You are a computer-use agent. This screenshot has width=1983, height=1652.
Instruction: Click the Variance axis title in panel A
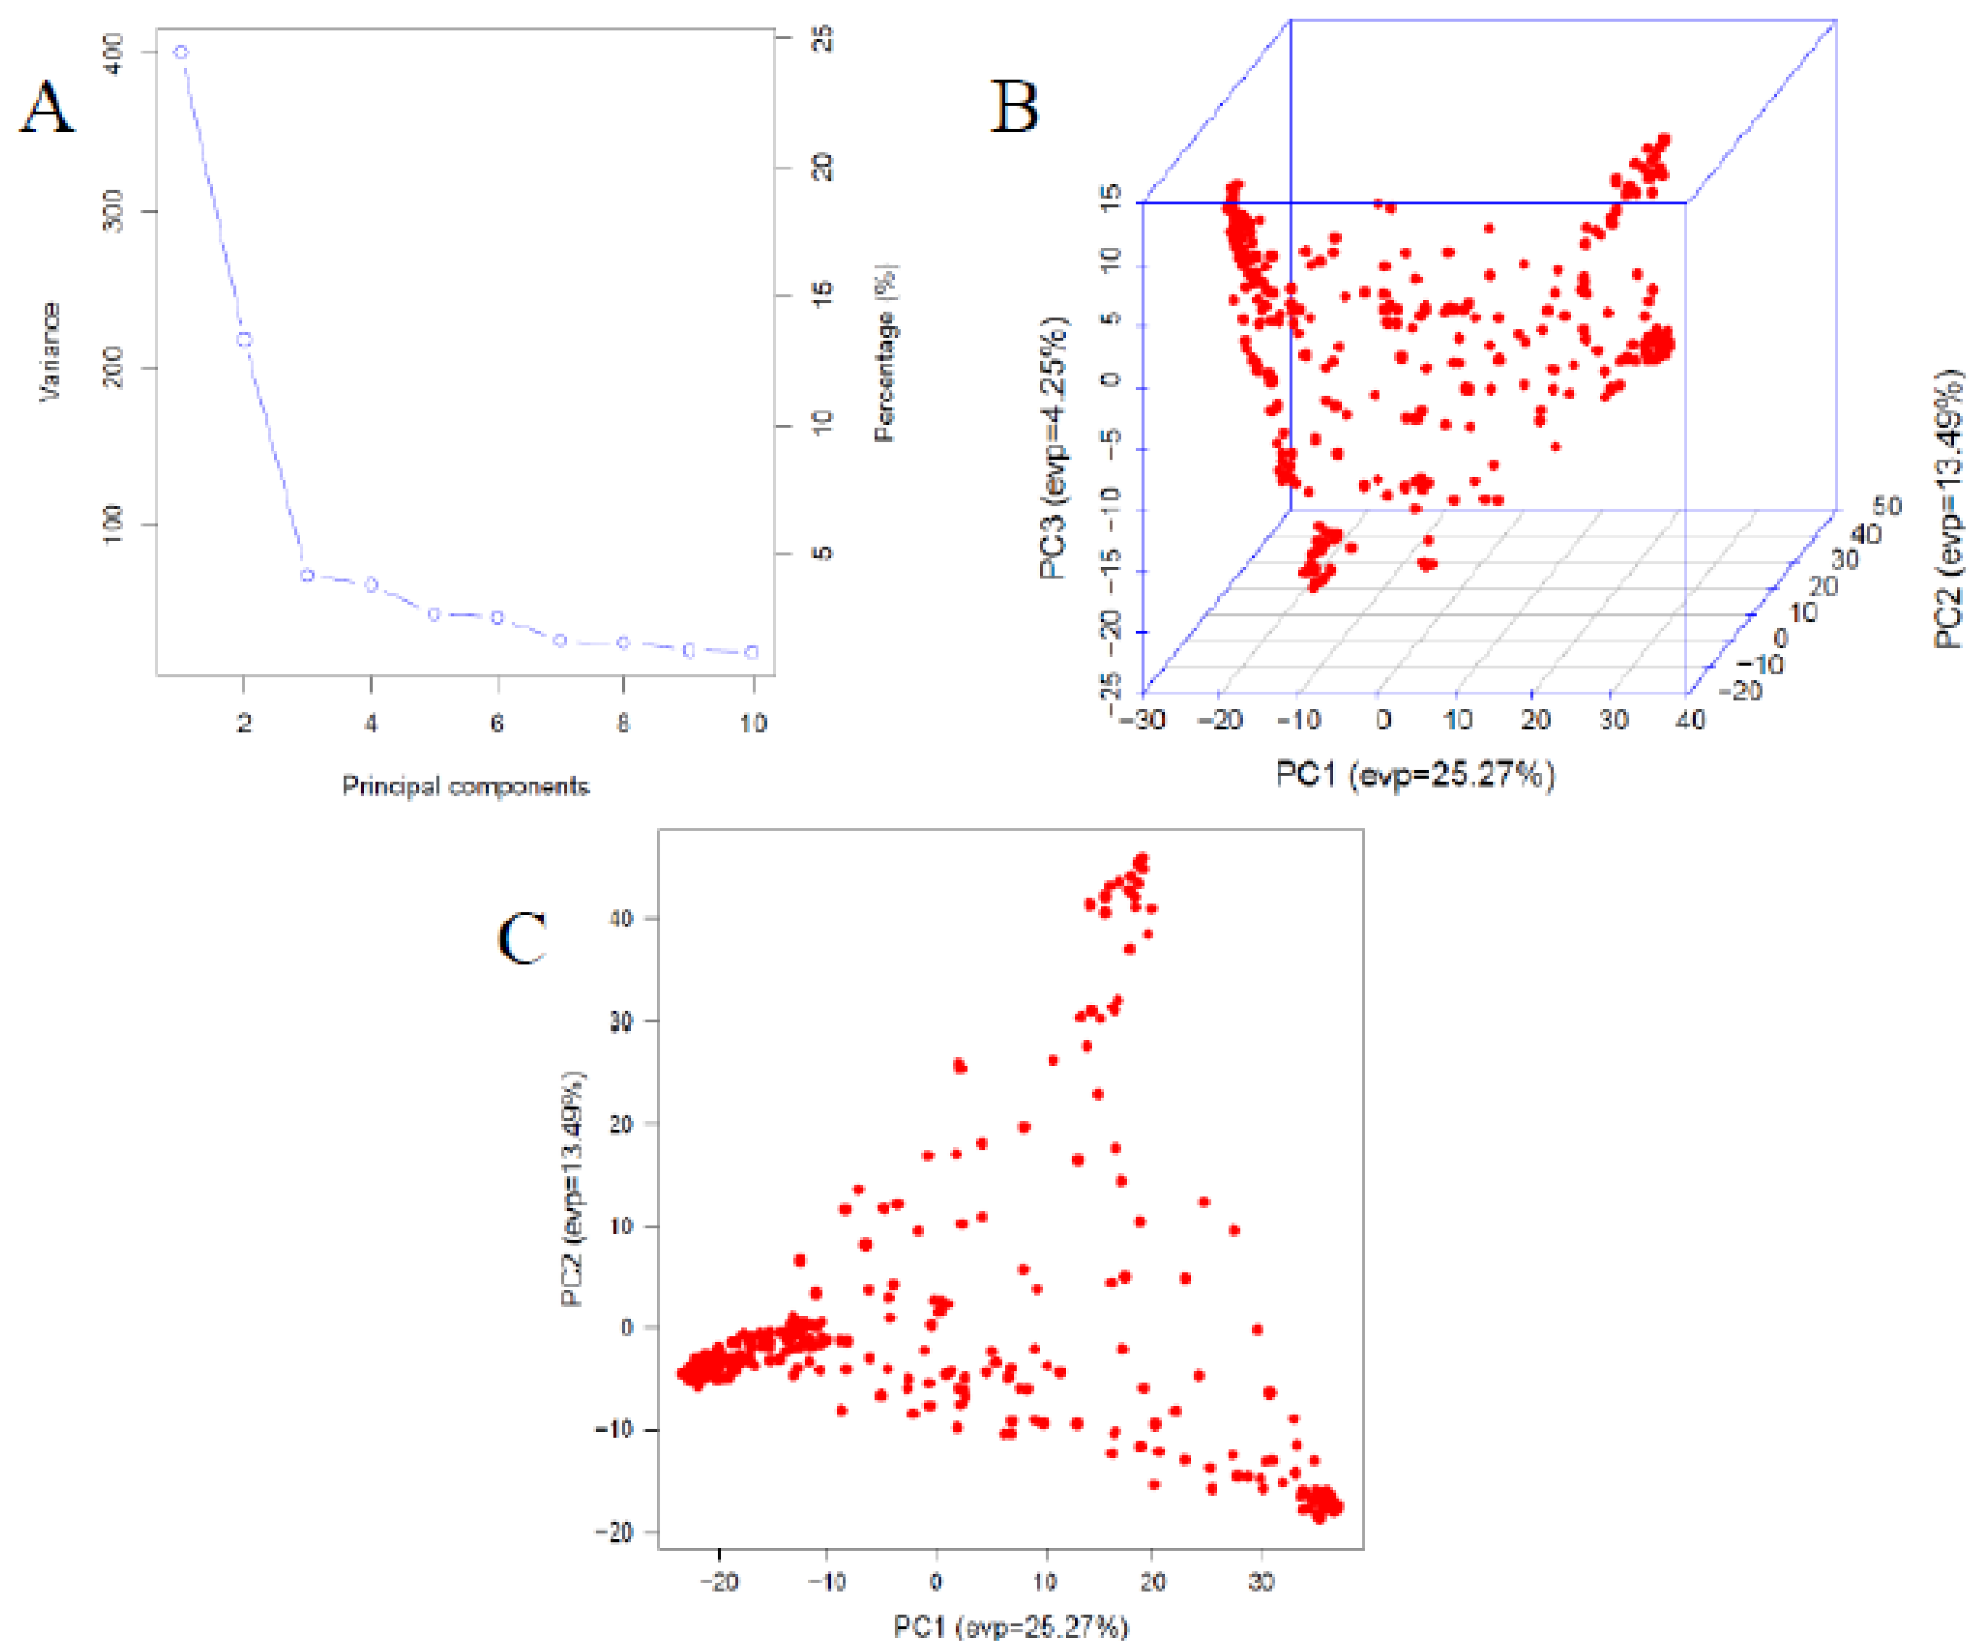coord(49,352)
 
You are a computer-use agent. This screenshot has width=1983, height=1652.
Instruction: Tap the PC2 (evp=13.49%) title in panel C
coord(572,1190)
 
